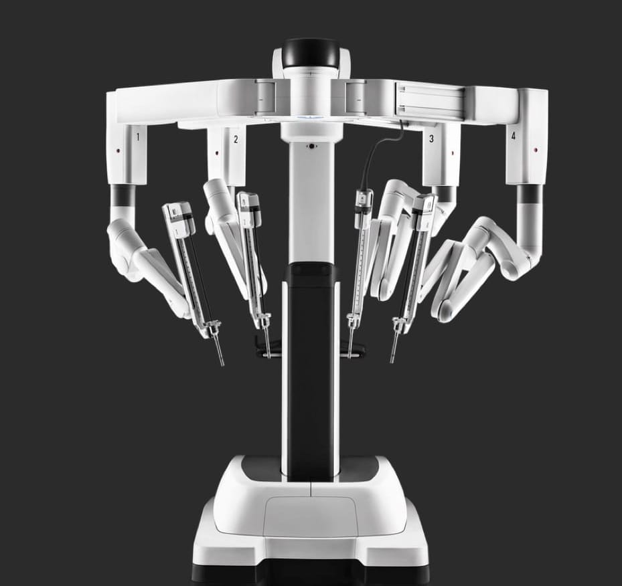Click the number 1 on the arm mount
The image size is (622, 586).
[x=138, y=137]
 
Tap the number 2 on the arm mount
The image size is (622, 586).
[x=236, y=139]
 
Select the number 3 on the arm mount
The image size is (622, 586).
[x=432, y=138]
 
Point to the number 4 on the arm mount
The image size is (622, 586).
[x=514, y=136]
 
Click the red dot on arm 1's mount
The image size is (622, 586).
[x=118, y=151]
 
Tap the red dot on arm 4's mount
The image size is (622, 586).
[x=536, y=151]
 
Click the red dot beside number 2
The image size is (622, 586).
[x=216, y=153]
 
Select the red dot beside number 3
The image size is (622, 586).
[x=453, y=153]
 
